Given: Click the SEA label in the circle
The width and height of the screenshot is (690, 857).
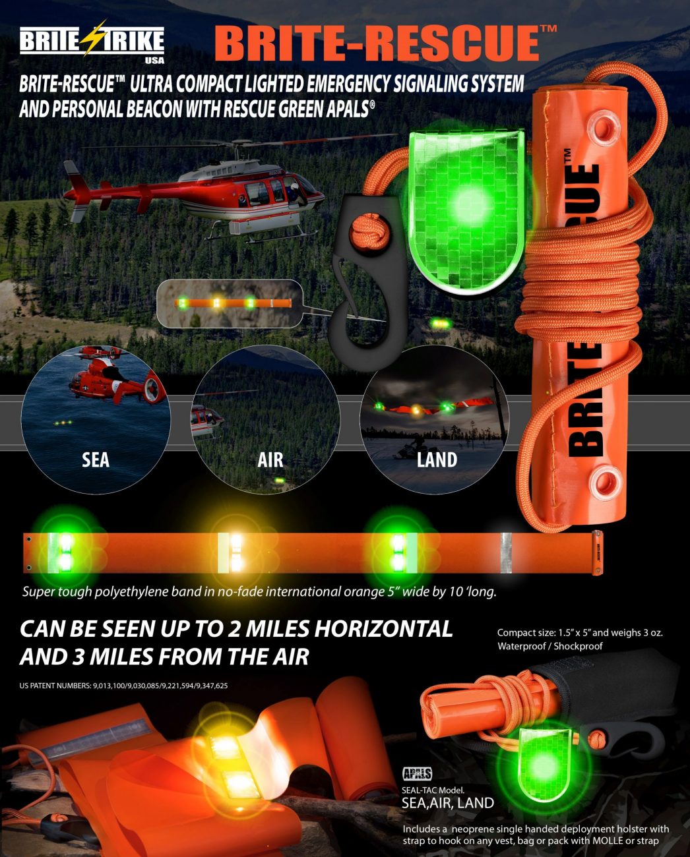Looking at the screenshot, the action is pos(96,460).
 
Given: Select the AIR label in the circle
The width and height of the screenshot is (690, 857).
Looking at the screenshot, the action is pos(270,460).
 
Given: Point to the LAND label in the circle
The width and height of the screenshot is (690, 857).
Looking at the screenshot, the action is pos(437,460).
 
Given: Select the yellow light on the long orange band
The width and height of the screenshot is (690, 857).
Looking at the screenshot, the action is pos(236,552).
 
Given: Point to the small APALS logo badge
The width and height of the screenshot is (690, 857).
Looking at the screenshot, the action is pos(418,773).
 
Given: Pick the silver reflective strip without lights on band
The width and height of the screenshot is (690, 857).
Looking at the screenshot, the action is pos(505,552).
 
